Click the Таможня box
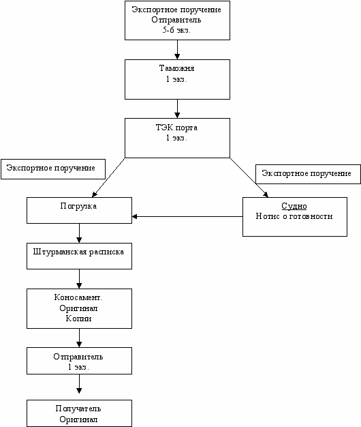coord(177,79)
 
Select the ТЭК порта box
coord(177,138)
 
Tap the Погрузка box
coord(79,211)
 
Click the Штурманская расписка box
coord(79,256)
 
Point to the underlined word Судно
coord(294,206)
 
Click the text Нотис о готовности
coord(294,216)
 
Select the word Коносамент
coord(78,297)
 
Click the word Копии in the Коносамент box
coord(78,319)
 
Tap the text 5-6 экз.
coord(176,30)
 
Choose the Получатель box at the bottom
coord(79,413)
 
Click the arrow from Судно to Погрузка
coord(187,217)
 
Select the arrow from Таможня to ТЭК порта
coord(177,108)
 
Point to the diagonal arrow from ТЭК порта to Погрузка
coord(108,177)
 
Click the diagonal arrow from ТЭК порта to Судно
coord(249,177)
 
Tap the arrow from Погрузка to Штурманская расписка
coord(79,233)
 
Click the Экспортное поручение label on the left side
coord(53,169)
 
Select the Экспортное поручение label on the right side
coord(308,175)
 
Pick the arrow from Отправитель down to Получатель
coord(79,384)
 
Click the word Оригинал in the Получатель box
coord(78,419)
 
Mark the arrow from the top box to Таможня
coord(177,50)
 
